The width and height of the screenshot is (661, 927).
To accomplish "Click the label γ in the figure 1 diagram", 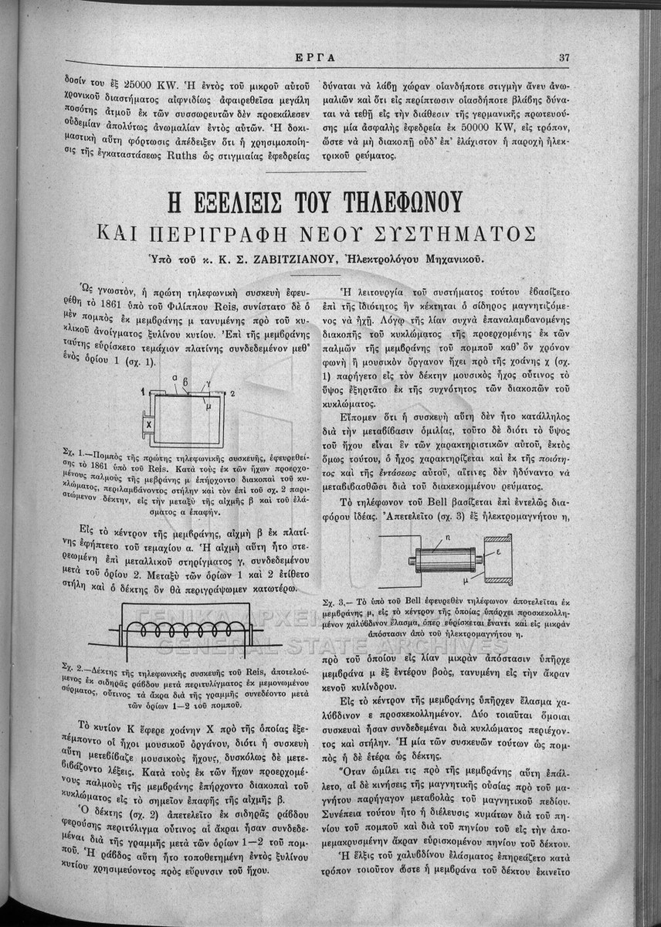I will tap(208, 387).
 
